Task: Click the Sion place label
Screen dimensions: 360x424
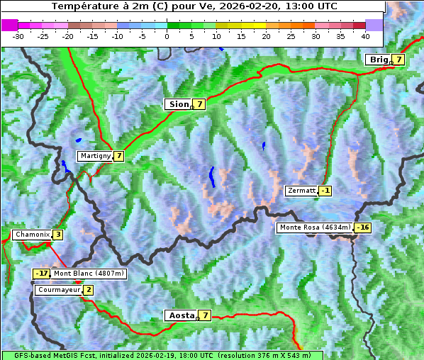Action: click(x=178, y=104)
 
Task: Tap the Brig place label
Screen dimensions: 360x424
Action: click(x=379, y=60)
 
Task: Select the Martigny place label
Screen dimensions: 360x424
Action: click(x=95, y=156)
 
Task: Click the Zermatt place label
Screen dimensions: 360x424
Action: click(x=301, y=191)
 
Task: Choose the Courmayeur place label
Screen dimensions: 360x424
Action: click(x=58, y=290)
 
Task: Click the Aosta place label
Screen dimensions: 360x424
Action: click(x=180, y=315)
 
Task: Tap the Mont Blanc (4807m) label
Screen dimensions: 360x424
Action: click(x=89, y=274)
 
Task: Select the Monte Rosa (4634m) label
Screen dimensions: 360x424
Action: click(x=315, y=227)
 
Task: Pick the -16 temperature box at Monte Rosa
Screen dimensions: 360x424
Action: click(x=362, y=227)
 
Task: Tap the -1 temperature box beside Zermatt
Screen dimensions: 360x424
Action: click(x=325, y=191)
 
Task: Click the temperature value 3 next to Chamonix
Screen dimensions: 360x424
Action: click(x=57, y=235)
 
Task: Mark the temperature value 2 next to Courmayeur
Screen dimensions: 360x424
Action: click(x=88, y=290)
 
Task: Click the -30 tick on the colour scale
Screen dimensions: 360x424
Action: click(x=18, y=35)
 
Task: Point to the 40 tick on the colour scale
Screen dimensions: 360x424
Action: click(x=365, y=35)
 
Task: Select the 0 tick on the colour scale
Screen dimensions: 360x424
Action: click(x=167, y=35)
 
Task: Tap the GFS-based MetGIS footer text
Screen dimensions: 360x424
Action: click(x=161, y=355)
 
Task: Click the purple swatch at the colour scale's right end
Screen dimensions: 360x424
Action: click(x=374, y=25)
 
